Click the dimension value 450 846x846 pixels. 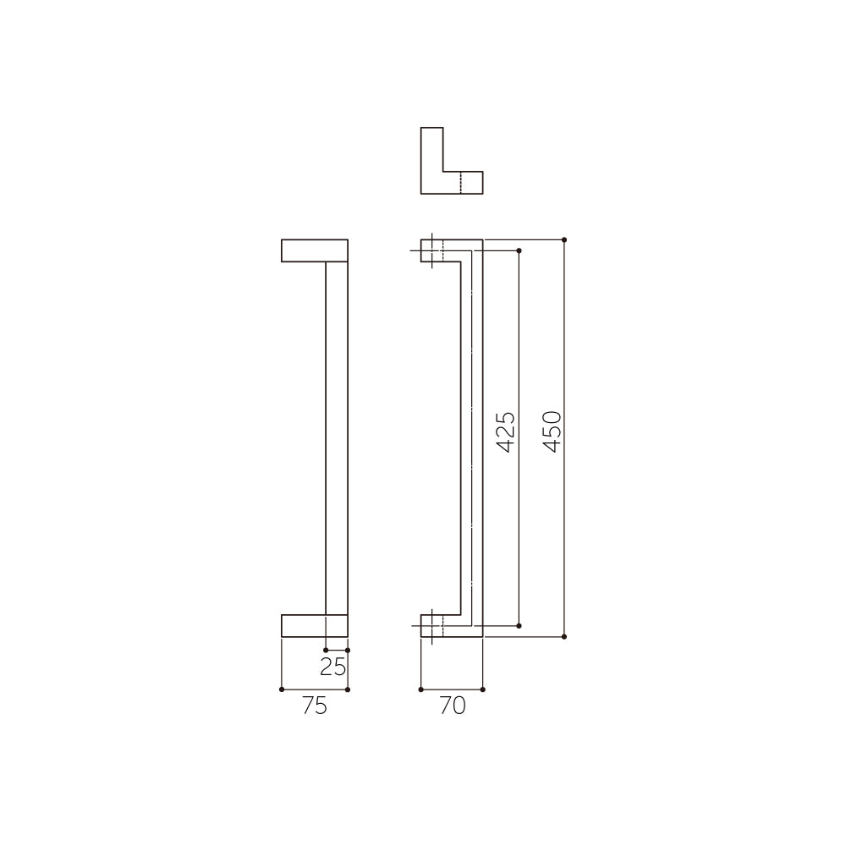coord(552,431)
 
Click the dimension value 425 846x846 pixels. coord(505,431)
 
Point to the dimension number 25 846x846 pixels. coord(333,667)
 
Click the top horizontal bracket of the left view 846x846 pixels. coord(315,250)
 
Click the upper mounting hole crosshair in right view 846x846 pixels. coord(432,250)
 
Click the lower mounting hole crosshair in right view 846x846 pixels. coord(432,625)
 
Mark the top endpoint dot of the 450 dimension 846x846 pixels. coord(564,239)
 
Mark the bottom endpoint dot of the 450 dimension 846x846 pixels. coord(564,636)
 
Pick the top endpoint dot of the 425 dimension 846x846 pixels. coord(519,250)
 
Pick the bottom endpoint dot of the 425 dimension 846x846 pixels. coord(519,625)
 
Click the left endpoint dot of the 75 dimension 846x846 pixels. coord(281,689)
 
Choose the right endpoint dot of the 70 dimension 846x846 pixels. coord(482,689)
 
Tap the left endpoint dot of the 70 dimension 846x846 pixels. coord(420,689)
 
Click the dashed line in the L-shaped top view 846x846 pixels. coord(460,183)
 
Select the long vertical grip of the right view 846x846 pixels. coord(472,437)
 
